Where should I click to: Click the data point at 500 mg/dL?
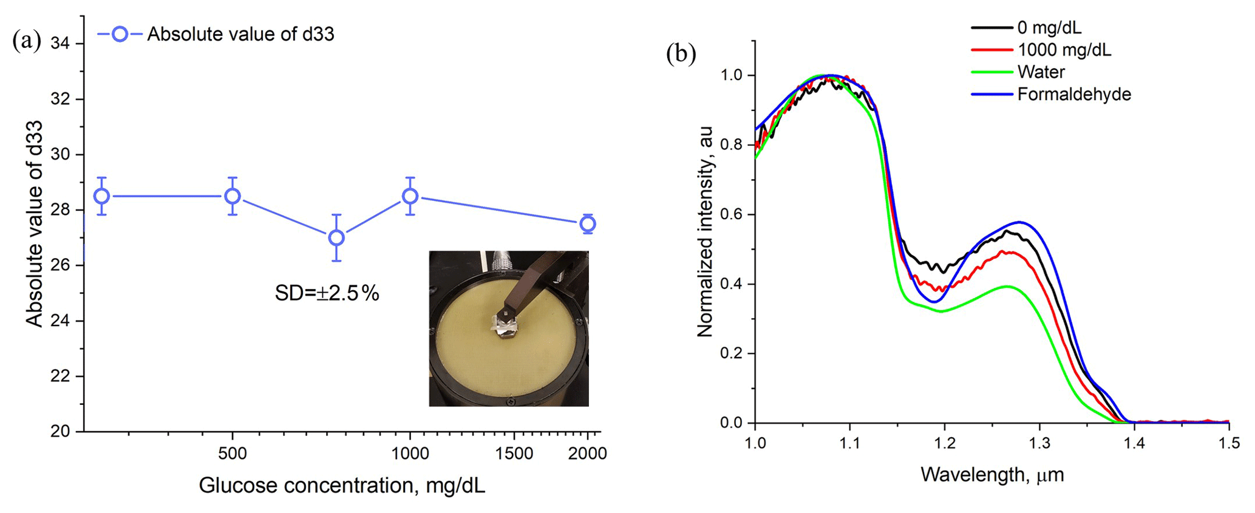[233, 196]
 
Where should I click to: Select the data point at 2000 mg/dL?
[587, 224]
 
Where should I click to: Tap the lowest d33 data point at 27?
[336, 238]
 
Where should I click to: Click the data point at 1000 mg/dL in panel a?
[410, 196]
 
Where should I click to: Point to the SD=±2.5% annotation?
[327, 294]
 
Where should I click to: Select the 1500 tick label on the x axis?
[514, 454]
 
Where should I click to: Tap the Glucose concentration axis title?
[342, 486]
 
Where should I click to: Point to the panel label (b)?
[681, 53]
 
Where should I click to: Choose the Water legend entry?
[1041, 72]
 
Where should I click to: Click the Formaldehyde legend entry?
[1073, 95]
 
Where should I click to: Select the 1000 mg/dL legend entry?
[1064, 50]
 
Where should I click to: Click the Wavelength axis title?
[991, 475]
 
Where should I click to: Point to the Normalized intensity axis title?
[705, 232]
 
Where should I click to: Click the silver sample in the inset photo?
[506, 328]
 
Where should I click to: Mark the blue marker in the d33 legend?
[120, 34]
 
